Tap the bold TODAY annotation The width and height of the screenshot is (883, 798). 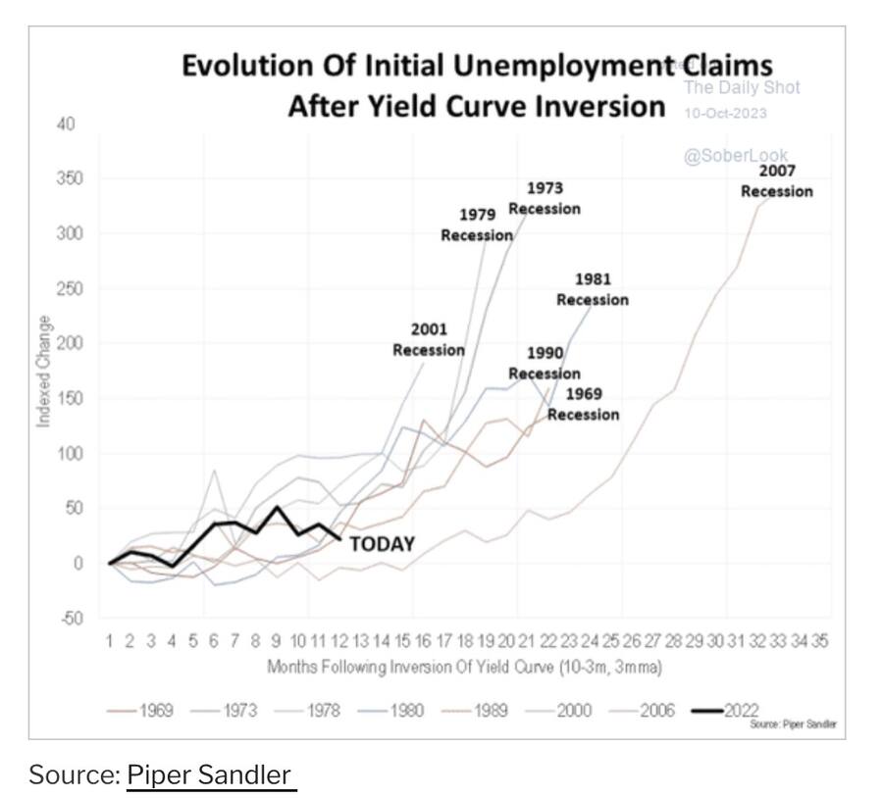[382, 544]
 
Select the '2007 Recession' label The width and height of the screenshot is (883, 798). [776, 181]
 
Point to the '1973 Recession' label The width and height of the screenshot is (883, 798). [545, 198]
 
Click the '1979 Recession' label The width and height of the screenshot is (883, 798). [477, 224]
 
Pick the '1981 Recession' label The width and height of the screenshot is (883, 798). [593, 290]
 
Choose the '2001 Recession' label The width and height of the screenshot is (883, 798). [429, 340]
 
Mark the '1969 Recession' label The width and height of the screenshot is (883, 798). [584, 404]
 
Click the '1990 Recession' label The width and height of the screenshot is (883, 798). [545, 363]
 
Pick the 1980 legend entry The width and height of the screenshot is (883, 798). [402, 710]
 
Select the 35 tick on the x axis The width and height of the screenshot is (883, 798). [820, 641]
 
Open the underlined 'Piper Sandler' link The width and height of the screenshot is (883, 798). [210, 774]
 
